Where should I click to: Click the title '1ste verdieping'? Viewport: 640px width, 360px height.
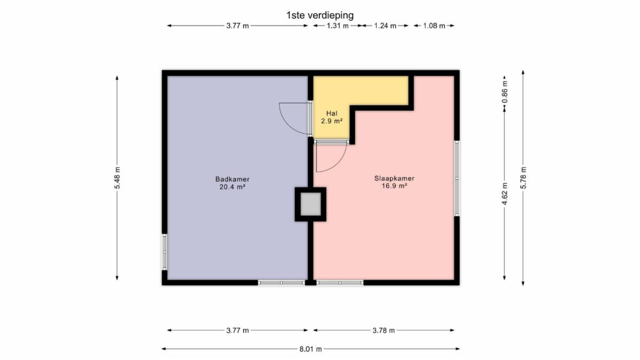(x=320, y=15)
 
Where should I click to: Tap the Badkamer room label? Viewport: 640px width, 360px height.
(x=233, y=179)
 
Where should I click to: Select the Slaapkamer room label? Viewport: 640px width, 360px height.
(x=394, y=179)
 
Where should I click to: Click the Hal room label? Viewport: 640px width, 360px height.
(x=332, y=114)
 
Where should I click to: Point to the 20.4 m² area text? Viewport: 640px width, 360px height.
(x=233, y=187)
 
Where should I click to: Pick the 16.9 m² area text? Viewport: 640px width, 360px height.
(x=394, y=186)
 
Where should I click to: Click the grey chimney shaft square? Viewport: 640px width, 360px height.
(x=310, y=204)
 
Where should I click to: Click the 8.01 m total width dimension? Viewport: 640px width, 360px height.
(x=310, y=349)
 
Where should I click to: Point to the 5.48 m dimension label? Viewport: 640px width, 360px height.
(x=117, y=178)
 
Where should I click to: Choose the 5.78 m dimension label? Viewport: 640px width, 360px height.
(x=523, y=178)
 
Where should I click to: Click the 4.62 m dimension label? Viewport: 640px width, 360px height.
(x=505, y=194)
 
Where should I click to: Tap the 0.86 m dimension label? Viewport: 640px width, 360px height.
(x=505, y=91)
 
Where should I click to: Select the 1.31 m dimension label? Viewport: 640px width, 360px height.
(x=338, y=26)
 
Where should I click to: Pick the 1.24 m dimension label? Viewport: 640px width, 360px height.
(x=386, y=26)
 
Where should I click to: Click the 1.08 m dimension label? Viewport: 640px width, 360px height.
(x=434, y=26)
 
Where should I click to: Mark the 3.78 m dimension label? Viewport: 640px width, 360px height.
(x=383, y=331)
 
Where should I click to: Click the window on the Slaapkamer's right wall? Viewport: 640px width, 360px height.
(x=457, y=179)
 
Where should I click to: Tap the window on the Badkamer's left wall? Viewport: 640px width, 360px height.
(x=165, y=252)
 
